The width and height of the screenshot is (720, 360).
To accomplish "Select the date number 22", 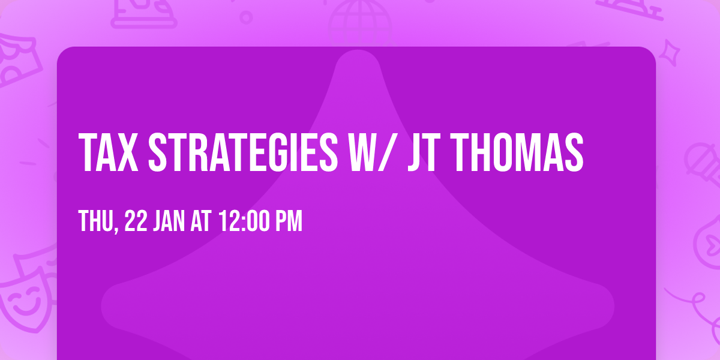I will [x=136, y=221].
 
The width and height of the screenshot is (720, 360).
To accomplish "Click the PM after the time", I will [x=289, y=221].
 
